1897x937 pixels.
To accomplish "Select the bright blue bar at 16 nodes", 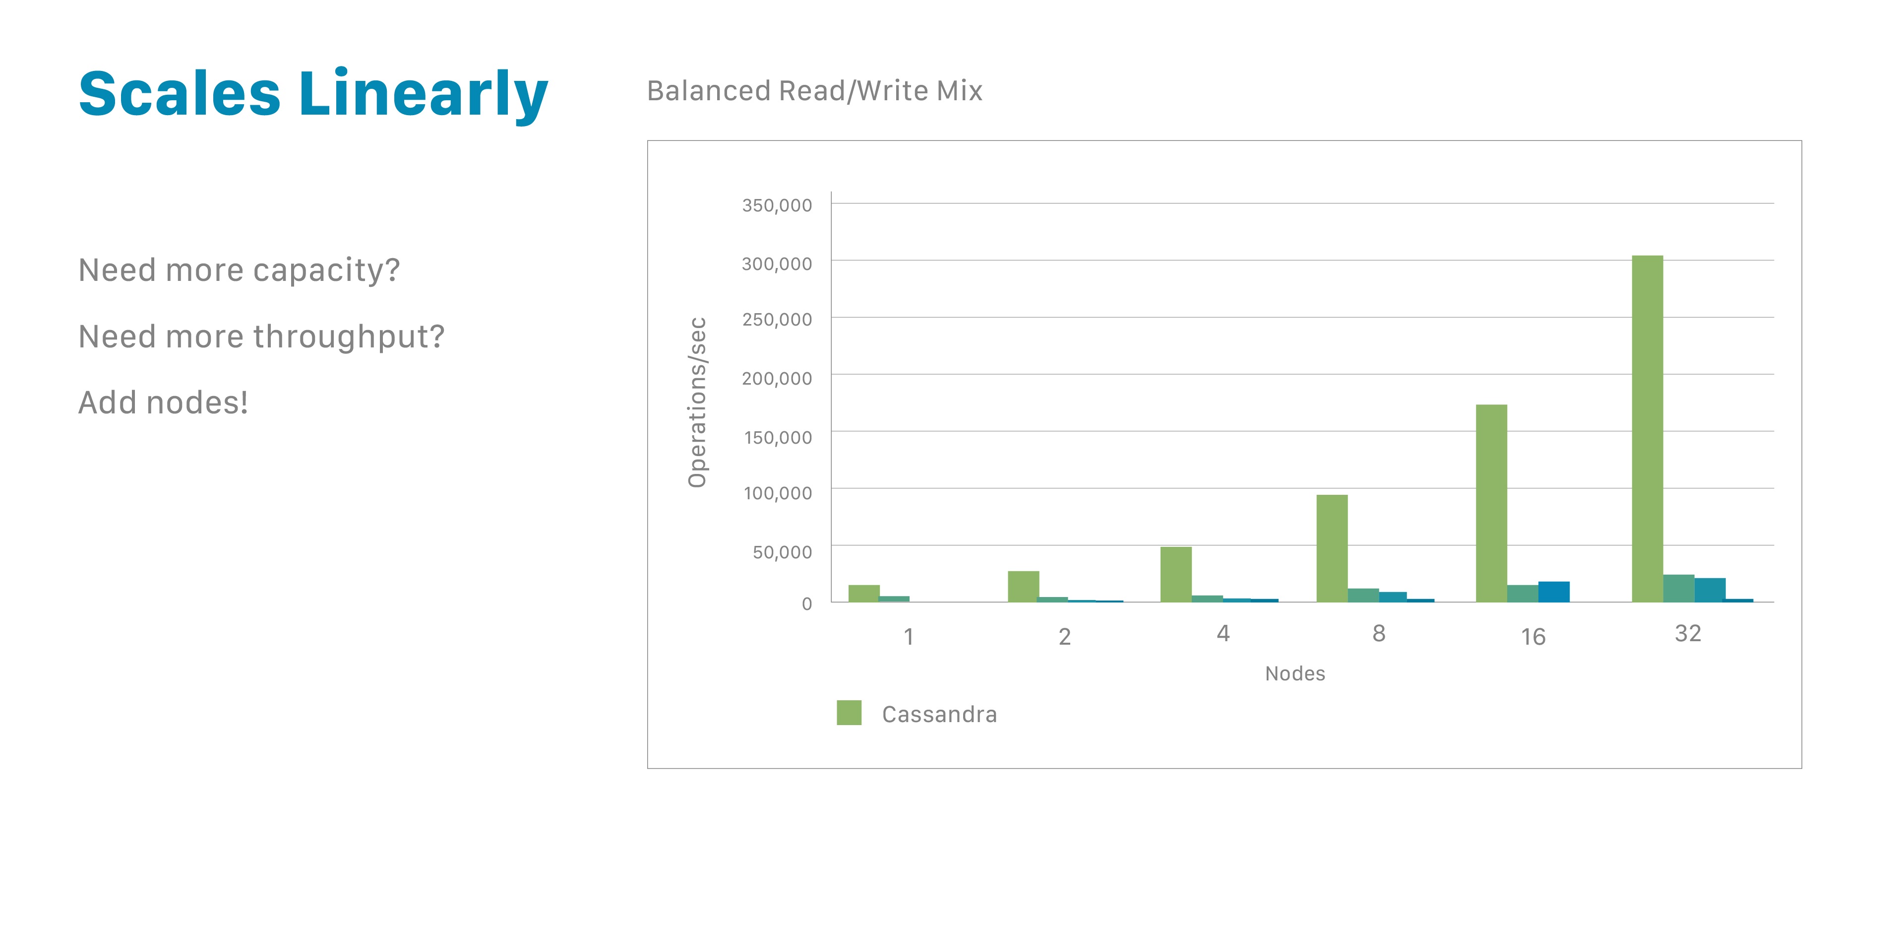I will tap(1553, 592).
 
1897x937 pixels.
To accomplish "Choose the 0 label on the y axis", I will tap(806, 603).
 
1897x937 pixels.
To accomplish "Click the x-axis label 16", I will tap(1532, 636).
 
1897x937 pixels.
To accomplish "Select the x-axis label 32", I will tap(1687, 633).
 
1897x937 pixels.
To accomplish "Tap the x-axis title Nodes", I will tap(1294, 673).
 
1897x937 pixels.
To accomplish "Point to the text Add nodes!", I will tap(163, 403).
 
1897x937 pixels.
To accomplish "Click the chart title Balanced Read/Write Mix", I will tap(814, 91).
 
